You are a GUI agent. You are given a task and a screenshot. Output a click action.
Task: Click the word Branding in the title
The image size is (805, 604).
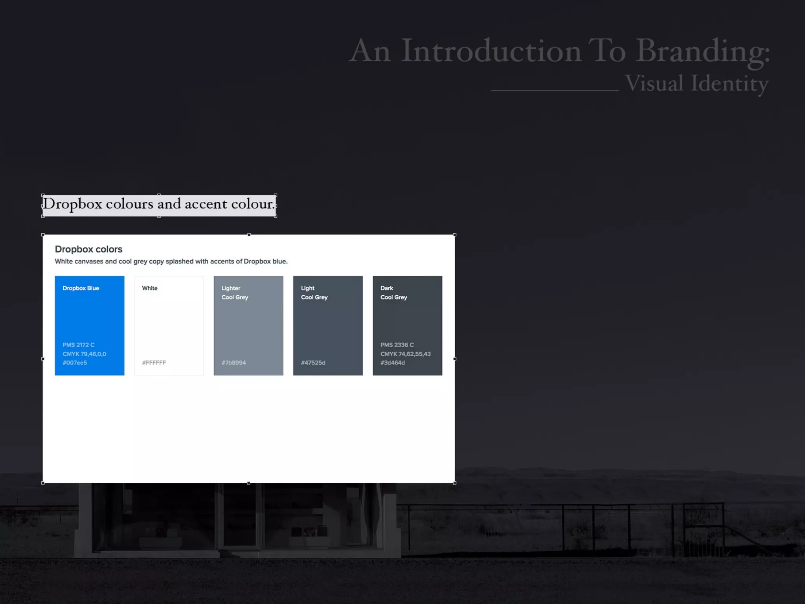(703, 51)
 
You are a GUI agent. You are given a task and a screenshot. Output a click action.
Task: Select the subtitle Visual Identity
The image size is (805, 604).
(697, 83)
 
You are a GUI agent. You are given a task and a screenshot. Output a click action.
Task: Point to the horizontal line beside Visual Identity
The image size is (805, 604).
(555, 90)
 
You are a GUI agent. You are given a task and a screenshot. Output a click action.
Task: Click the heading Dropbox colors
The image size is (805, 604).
(88, 249)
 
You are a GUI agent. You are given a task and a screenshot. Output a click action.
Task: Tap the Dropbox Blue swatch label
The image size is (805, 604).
(81, 288)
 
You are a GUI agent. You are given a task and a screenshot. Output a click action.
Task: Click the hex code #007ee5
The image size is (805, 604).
(75, 363)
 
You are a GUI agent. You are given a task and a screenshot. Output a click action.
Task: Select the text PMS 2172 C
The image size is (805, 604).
(79, 345)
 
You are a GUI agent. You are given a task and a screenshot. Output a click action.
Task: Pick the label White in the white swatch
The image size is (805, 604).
(149, 288)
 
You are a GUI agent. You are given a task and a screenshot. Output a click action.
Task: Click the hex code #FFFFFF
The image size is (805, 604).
(154, 363)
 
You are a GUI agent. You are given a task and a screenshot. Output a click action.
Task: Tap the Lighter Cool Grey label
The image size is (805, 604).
(235, 293)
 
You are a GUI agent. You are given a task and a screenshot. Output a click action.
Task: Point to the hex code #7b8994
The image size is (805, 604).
(233, 363)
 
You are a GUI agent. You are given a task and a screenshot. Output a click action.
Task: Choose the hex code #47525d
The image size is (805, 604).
(313, 363)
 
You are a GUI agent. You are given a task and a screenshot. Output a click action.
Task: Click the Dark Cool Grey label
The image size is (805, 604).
(393, 293)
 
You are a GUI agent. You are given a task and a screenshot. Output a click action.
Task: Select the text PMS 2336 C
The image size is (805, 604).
(397, 345)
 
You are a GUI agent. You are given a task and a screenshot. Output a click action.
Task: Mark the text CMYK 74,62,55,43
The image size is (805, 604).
(405, 354)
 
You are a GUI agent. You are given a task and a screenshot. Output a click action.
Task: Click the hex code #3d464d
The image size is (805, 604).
(392, 363)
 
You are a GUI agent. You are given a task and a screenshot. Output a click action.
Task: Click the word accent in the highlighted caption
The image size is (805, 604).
(206, 204)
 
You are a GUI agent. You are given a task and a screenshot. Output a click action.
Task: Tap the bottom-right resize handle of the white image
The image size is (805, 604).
(455, 483)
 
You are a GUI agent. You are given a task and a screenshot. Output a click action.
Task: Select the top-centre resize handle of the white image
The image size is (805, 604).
(249, 235)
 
